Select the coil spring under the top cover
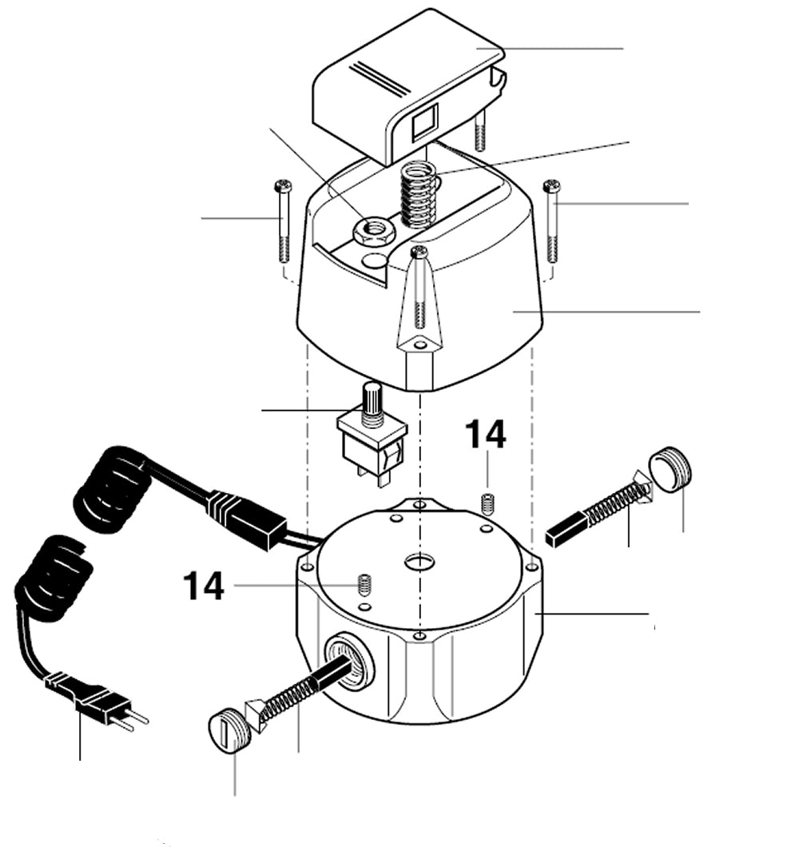point(417,196)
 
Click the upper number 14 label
point(485,435)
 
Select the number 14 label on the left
point(203,586)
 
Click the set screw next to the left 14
point(364,585)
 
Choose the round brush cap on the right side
point(670,469)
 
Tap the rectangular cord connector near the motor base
point(248,518)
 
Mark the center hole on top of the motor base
point(418,561)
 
